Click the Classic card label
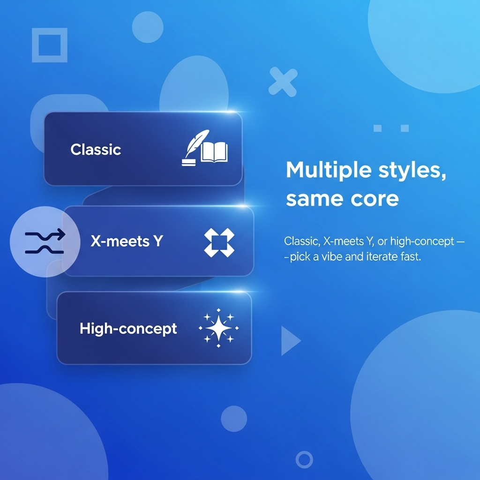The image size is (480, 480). (x=96, y=150)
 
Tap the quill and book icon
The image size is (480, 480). (x=204, y=149)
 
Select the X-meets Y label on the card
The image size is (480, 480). (x=127, y=241)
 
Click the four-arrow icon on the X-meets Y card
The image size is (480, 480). (x=219, y=242)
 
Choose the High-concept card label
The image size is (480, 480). (x=128, y=328)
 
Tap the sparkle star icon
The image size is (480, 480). (x=218, y=329)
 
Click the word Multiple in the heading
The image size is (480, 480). (x=322, y=170)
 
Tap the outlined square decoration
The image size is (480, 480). (x=50, y=45)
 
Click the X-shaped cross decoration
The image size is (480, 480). (x=283, y=82)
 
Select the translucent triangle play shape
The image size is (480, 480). (x=289, y=341)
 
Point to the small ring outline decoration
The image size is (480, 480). (x=304, y=459)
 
